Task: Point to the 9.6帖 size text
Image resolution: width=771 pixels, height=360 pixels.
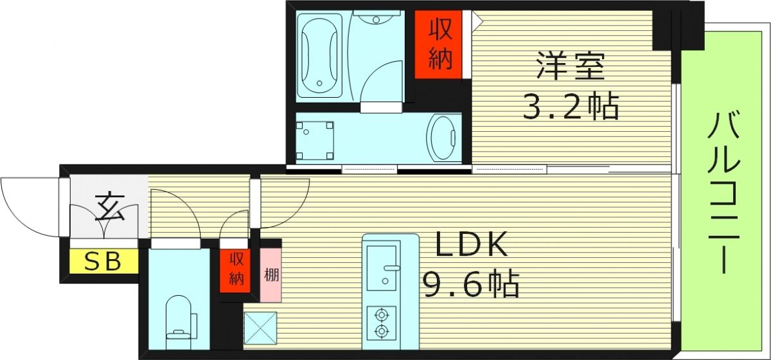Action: pos(470,283)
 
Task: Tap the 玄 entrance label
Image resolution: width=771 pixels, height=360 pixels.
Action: pos(110,208)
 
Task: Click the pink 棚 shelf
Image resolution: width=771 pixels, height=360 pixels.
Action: pos(271,274)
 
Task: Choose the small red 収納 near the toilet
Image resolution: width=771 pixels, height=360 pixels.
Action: pos(235,270)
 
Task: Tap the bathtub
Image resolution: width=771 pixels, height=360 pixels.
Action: pos(320,55)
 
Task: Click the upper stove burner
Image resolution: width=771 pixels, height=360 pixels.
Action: pos(382,315)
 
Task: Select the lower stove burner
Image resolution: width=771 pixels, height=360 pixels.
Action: pos(382,332)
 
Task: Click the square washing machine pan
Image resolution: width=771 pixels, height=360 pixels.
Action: pos(315,139)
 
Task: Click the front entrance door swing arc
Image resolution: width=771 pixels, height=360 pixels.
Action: pos(29,206)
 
